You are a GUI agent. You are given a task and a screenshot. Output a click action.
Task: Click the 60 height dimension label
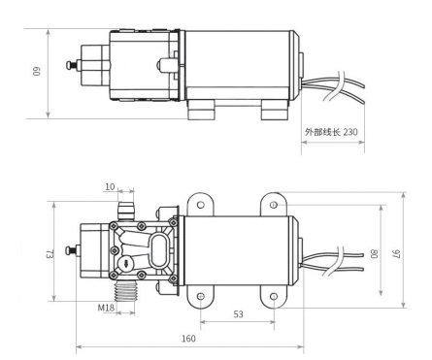(36, 71)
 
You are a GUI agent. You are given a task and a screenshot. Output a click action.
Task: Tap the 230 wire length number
(350, 132)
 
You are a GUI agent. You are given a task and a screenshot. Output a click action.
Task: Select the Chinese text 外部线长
(322, 132)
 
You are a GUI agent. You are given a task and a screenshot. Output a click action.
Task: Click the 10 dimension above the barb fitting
(110, 186)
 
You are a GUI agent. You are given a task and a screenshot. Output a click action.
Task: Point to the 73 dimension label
(49, 254)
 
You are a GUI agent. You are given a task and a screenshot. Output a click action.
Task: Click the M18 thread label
(106, 308)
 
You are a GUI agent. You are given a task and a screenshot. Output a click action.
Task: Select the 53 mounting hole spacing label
(238, 314)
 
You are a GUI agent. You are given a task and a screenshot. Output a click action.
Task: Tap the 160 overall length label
(188, 339)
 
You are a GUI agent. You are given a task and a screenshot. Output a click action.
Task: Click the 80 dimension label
(374, 253)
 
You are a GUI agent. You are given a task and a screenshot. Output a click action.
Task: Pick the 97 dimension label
(397, 253)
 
